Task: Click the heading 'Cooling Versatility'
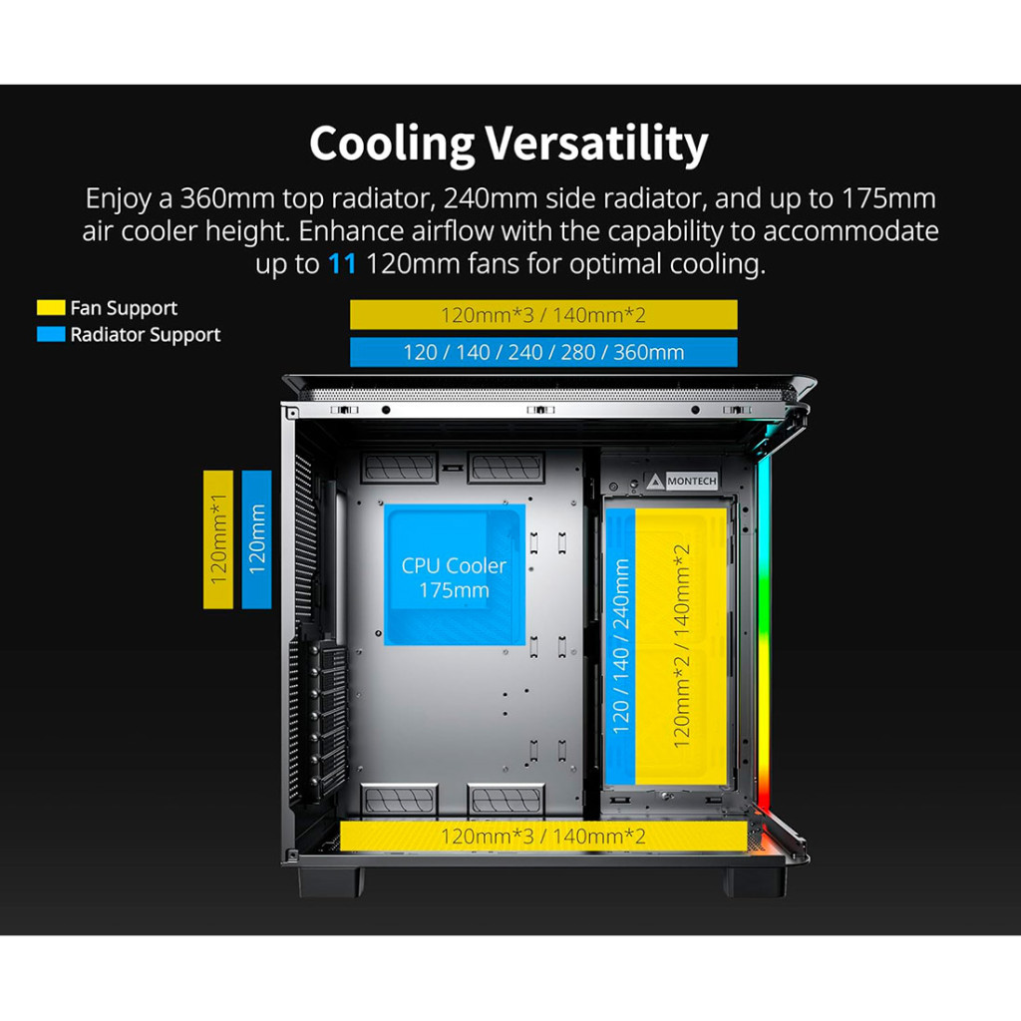pos(509,144)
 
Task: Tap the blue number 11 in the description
pos(340,265)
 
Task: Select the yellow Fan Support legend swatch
pos(51,308)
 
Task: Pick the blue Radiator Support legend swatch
pos(51,335)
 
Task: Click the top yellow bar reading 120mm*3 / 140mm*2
pos(543,315)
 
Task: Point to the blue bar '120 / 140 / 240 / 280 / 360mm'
pos(543,352)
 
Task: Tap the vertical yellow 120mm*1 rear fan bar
pos(218,539)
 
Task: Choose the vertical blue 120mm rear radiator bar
pos(256,539)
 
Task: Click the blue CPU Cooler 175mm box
pos(454,576)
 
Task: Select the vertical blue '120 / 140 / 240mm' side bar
pos(621,646)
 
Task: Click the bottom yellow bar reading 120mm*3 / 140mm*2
pos(543,836)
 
